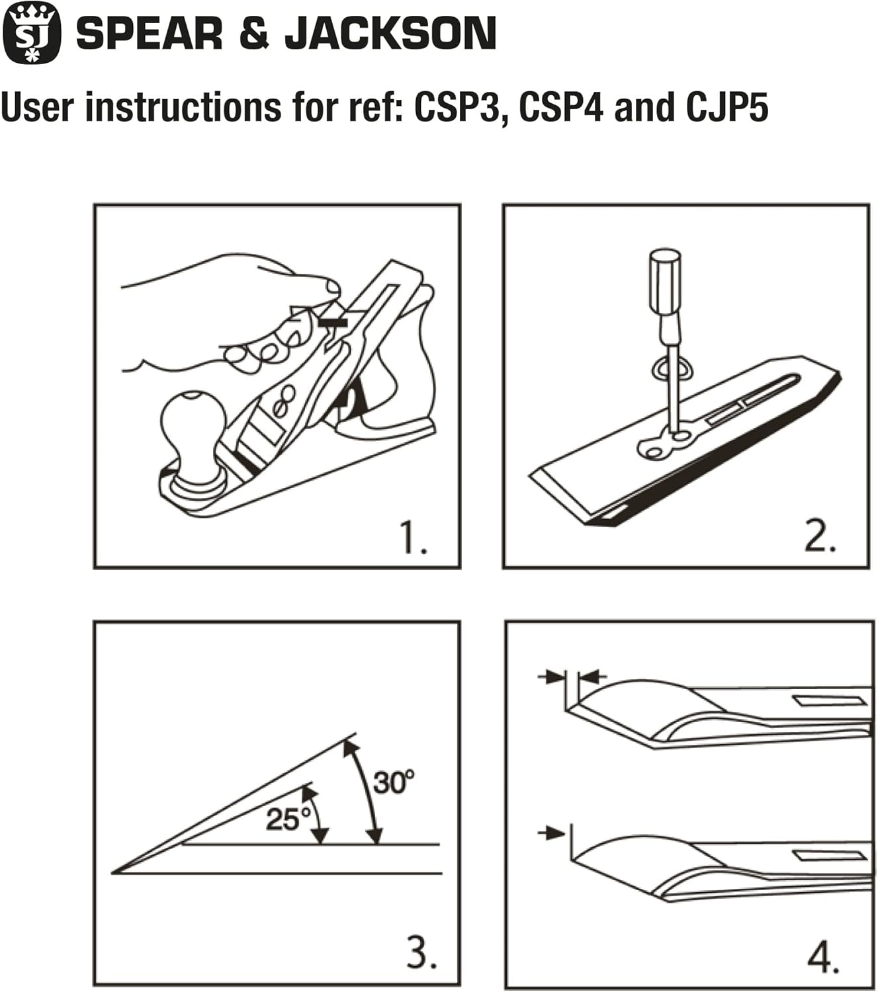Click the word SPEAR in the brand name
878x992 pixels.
tap(150, 34)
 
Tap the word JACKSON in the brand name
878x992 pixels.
tap(390, 34)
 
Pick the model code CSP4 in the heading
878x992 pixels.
tap(560, 107)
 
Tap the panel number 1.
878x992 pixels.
tap(413, 538)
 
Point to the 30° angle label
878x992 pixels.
tap(394, 782)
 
